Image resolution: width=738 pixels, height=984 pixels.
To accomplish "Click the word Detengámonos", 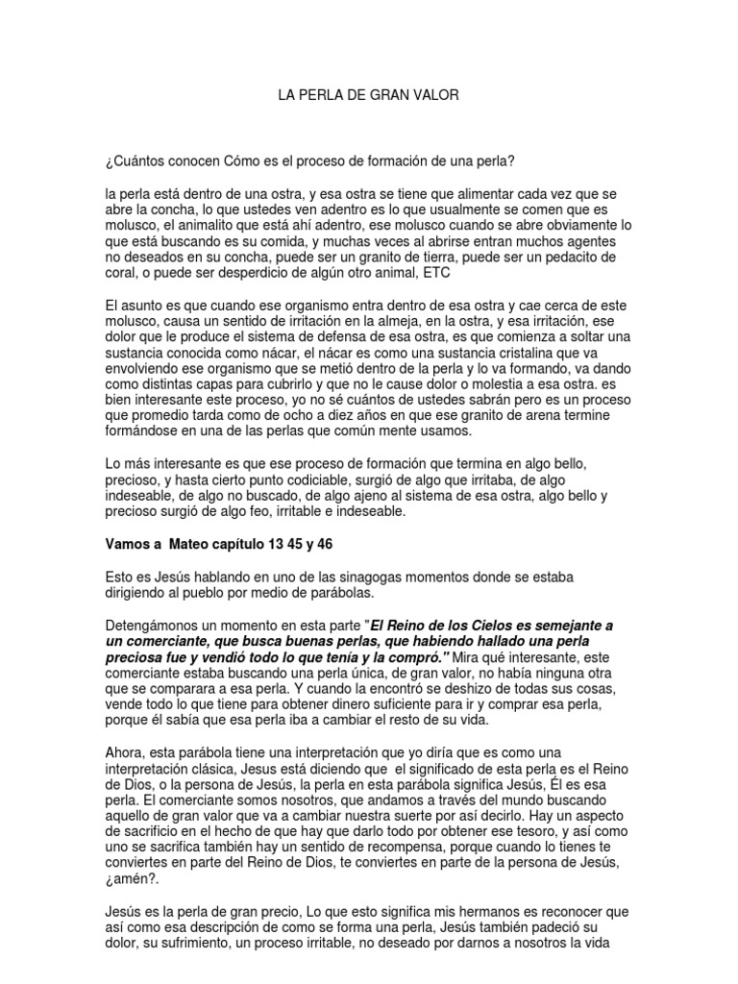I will (157, 625).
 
